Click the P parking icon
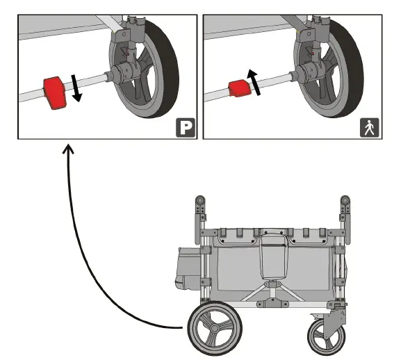click(186, 128)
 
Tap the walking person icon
click(369, 128)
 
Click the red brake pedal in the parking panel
click(55, 93)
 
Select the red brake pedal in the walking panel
click(240, 89)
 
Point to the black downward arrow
click(76, 88)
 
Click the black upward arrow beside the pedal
click(254, 82)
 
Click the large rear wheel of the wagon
click(215, 328)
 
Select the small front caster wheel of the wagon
click(326, 337)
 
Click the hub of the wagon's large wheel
click(215, 328)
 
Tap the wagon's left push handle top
click(200, 201)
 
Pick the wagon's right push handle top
click(345, 201)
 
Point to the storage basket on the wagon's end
click(188, 268)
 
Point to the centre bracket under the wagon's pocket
click(272, 302)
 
